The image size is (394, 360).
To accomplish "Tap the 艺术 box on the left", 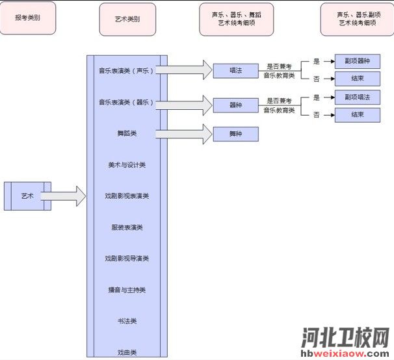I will click(x=27, y=196).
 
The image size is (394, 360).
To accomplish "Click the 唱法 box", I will click(x=235, y=70).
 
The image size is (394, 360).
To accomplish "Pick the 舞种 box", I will click(x=235, y=135).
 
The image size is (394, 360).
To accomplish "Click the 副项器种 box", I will click(x=357, y=62).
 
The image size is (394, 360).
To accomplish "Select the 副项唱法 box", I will click(x=357, y=97).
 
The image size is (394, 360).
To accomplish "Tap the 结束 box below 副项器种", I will click(x=357, y=79).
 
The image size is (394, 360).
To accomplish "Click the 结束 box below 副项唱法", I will click(x=357, y=115).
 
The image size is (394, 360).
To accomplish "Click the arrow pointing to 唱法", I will click(x=189, y=70).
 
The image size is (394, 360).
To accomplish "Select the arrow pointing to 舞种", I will click(x=189, y=134).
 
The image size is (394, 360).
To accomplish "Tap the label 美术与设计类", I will click(x=127, y=165).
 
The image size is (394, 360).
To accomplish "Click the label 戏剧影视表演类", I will click(x=127, y=196).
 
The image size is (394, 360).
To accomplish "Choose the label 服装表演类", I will click(x=127, y=227).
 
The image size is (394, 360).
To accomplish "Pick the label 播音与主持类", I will click(x=127, y=290).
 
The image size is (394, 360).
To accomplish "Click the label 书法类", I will click(x=127, y=321).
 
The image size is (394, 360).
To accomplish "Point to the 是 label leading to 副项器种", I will click(x=317, y=62).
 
